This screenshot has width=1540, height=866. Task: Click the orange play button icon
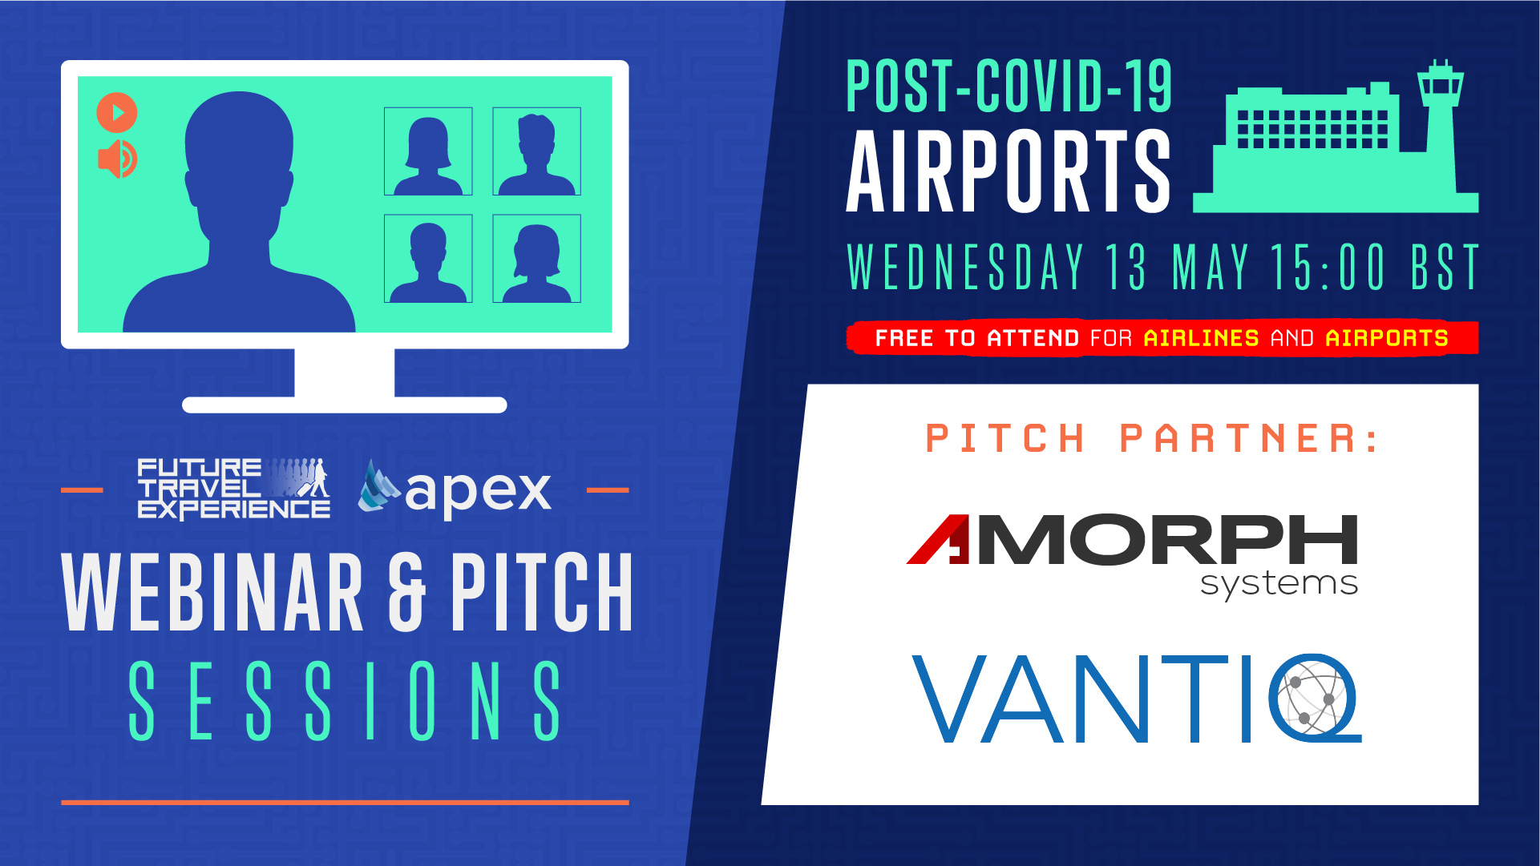(117, 112)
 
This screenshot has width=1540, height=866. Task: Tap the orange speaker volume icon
(117, 159)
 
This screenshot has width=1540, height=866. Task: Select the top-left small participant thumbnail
(428, 151)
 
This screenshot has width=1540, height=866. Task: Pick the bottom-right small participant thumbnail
(536, 259)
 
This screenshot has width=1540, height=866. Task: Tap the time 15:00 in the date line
(1328, 267)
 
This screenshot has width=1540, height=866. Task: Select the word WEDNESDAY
(966, 267)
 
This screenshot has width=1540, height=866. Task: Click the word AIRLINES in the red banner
(1201, 338)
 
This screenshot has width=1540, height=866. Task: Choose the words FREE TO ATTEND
(977, 338)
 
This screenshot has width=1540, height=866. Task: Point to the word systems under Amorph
(1279, 584)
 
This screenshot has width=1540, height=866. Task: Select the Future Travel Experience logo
(233, 488)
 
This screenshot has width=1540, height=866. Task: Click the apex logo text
(478, 489)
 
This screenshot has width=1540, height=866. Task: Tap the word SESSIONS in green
(346, 701)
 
